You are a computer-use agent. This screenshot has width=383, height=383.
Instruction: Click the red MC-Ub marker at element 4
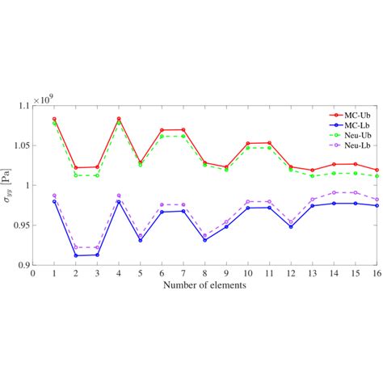(119, 119)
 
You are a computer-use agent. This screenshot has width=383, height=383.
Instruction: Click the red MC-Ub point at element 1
(54, 119)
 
